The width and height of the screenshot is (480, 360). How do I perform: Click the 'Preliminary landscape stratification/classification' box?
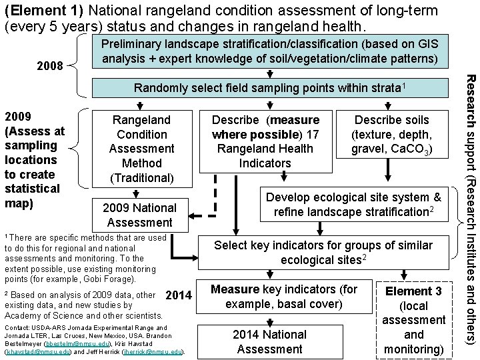click(269, 51)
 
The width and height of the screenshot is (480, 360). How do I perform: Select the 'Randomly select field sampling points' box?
click(270, 88)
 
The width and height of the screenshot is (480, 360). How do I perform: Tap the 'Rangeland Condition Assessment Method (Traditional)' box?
click(141, 149)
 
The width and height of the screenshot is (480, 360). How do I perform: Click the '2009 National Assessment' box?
click(139, 215)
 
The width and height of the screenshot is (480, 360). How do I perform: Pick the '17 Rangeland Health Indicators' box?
click(265, 141)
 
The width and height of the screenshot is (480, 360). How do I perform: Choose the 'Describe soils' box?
click(392, 135)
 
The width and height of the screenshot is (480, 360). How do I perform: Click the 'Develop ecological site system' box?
click(353, 205)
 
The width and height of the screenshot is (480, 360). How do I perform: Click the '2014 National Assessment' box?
click(269, 341)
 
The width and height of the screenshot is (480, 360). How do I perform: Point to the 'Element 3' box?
click(413, 320)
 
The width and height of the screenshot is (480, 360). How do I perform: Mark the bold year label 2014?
click(178, 295)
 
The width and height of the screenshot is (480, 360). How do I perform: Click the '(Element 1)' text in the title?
click(43, 11)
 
